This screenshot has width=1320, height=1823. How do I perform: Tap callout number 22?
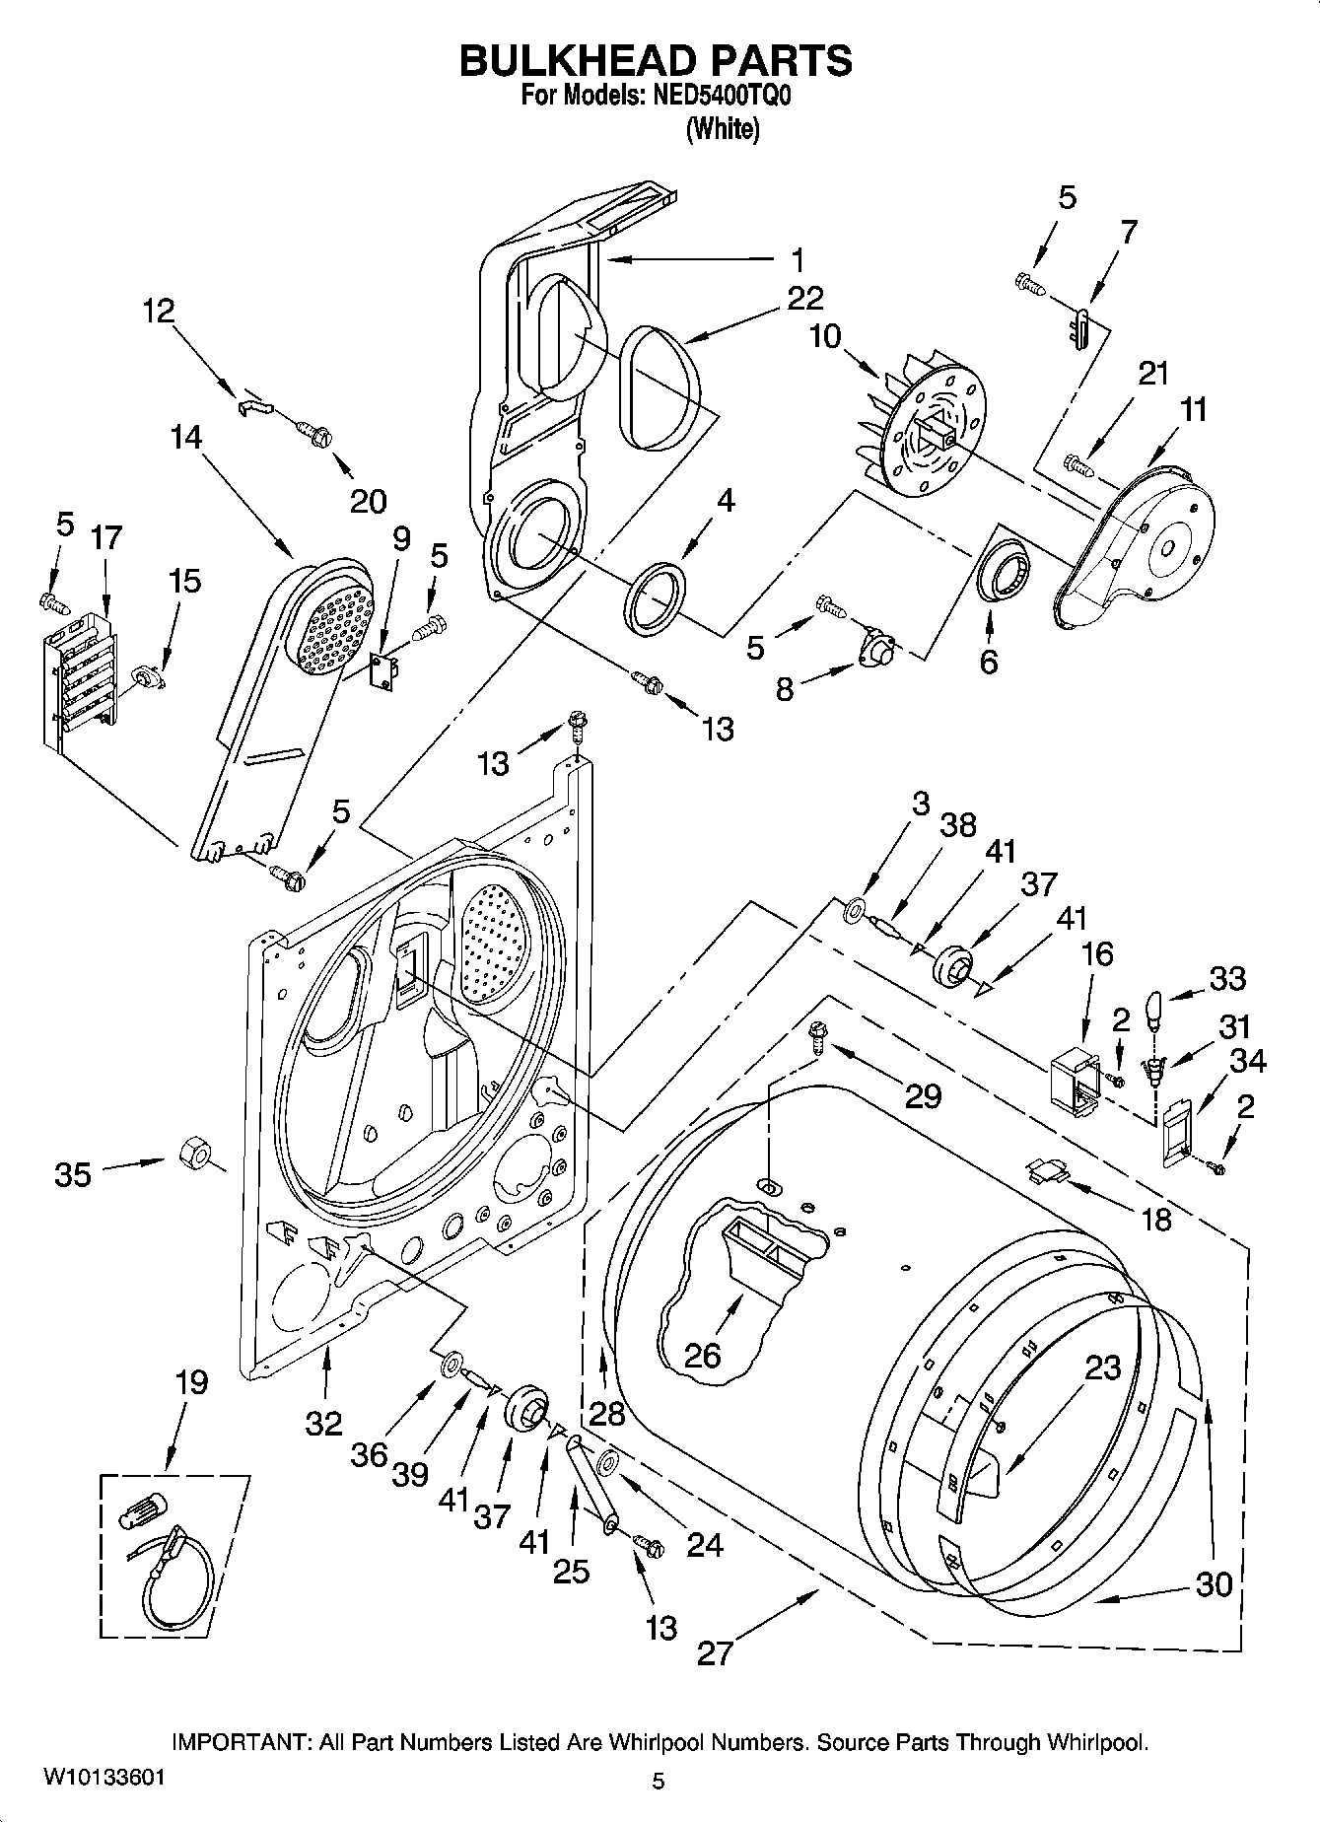click(x=805, y=297)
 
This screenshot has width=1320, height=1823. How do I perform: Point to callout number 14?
click(x=185, y=436)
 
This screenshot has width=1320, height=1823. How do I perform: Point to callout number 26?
click(x=703, y=1355)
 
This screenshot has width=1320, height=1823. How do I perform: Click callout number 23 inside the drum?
click(x=1102, y=1367)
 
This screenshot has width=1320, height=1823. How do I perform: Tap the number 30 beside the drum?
click(x=1214, y=1584)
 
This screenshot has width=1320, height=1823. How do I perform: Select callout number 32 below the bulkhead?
click(x=323, y=1423)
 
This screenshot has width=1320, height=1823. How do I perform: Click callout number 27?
click(x=716, y=1652)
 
